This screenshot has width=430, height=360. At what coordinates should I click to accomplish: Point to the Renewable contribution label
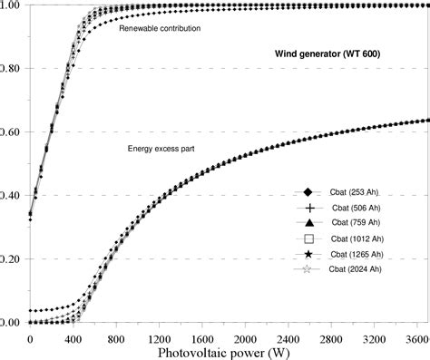click(x=160, y=29)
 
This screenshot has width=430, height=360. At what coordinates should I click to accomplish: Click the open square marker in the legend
click(x=308, y=238)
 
